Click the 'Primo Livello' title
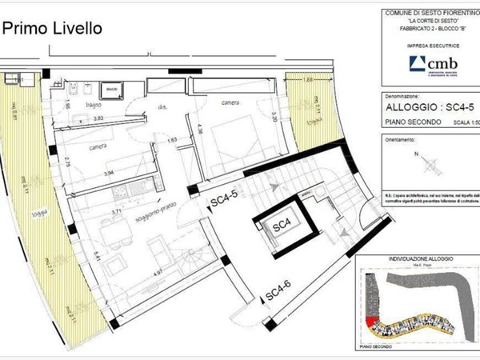pyautogui.click(x=53, y=29)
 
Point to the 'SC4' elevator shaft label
pyautogui.click(x=282, y=227)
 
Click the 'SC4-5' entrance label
pyautogui.click(x=225, y=194)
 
